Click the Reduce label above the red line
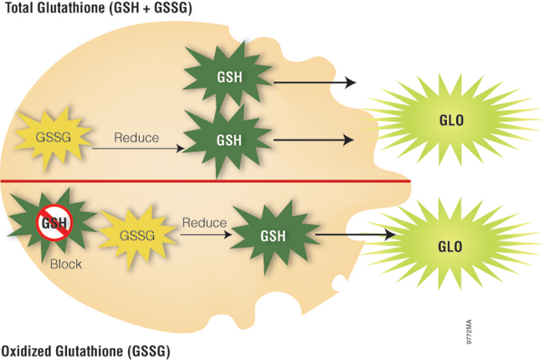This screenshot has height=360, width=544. point(136,139)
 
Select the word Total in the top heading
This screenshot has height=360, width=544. point(18,9)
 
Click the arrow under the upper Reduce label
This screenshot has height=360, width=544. point(136,151)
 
